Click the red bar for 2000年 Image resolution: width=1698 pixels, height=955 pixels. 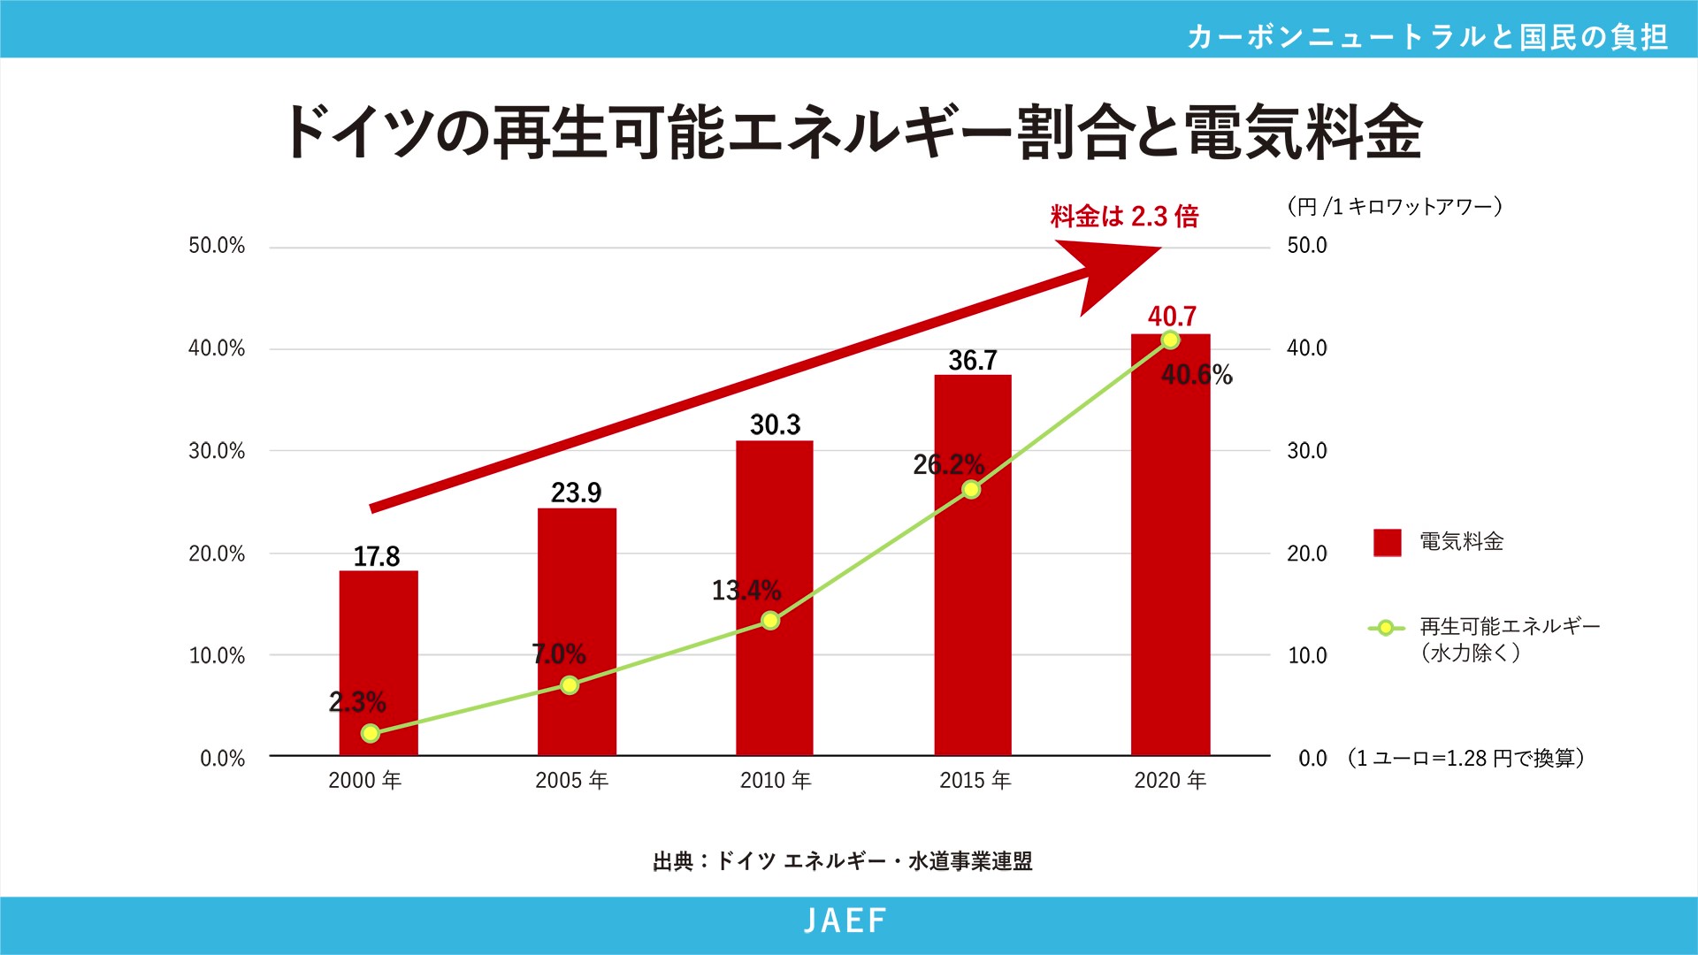(x=379, y=663)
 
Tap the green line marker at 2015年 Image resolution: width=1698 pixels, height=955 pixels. (x=971, y=489)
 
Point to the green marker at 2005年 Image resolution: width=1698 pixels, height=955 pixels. (x=570, y=685)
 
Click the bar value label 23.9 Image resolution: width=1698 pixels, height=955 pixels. (x=576, y=493)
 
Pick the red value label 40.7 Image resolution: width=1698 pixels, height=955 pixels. (x=1172, y=317)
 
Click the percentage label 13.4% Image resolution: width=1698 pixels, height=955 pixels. (x=746, y=590)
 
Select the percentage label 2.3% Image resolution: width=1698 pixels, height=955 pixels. (x=357, y=702)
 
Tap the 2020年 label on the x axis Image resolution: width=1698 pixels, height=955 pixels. (x=1170, y=780)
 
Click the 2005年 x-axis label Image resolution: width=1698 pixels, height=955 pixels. (x=571, y=780)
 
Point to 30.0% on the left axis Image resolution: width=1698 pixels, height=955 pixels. (x=217, y=451)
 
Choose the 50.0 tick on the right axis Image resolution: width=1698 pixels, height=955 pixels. (x=1306, y=246)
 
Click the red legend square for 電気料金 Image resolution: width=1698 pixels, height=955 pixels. (x=1387, y=542)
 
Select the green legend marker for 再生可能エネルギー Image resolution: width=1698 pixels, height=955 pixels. (x=1386, y=628)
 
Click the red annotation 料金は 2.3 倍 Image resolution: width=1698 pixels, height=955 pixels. (x=1124, y=217)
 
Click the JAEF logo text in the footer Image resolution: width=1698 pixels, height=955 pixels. (x=845, y=921)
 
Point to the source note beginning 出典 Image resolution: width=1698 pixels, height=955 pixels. (x=842, y=861)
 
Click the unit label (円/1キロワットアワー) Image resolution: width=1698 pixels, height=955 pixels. (x=1395, y=207)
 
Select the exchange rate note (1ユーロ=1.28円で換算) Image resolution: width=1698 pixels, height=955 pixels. (x=1465, y=759)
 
